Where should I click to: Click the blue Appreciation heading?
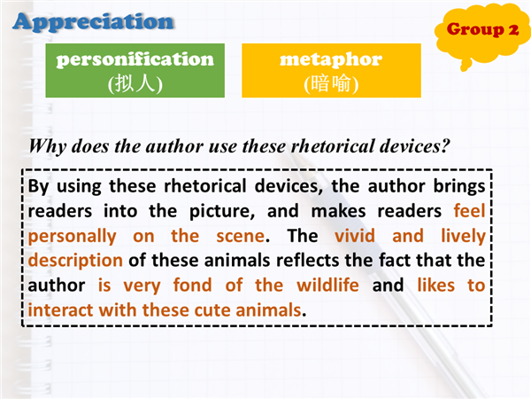(94, 22)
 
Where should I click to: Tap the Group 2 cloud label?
(482, 29)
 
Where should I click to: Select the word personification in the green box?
(135, 60)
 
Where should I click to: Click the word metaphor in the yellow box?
(331, 60)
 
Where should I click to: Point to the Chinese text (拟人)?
(135, 83)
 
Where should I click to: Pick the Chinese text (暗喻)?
(331, 83)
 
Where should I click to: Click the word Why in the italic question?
(48, 146)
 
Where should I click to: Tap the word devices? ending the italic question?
(415, 146)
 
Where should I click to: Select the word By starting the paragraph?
(39, 187)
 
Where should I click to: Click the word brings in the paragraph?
(459, 187)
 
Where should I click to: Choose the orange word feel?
(470, 211)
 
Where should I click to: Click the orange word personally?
(73, 237)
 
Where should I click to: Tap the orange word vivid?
(355, 236)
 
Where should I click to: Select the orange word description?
(75, 261)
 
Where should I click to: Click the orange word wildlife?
(327, 285)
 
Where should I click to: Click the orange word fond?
(192, 285)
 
